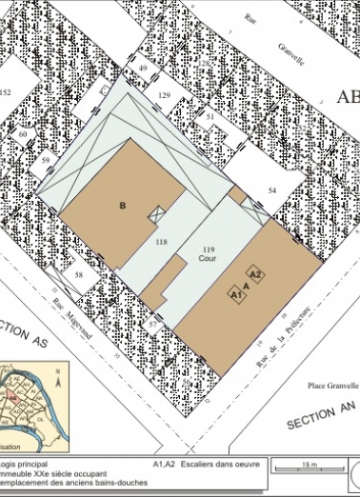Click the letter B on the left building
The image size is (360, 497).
pyautogui.click(x=122, y=205)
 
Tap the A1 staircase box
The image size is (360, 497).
pyautogui.click(x=237, y=296)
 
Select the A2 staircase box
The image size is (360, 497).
pyautogui.click(x=255, y=274)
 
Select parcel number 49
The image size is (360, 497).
pyautogui.click(x=143, y=70)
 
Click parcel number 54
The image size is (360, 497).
pyautogui.click(x=271, y=191)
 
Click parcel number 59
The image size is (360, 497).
pyautogui.click(x=45, y=160)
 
